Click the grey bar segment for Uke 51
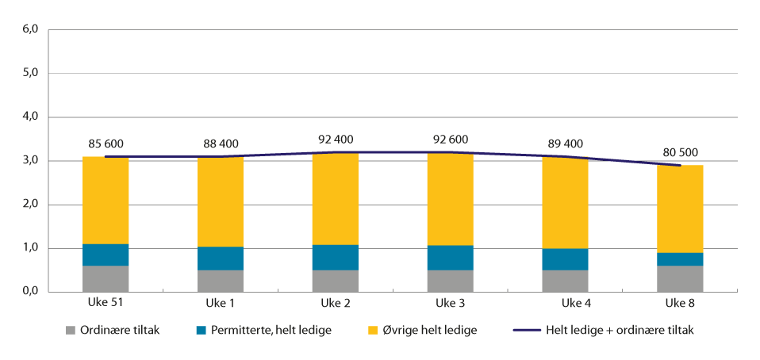tap(105, 278)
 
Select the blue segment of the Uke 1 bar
tap(221, 259)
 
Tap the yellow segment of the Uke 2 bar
tap(336, 198)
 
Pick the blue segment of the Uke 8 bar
tap(680, 259)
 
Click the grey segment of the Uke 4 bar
tap(565, 281)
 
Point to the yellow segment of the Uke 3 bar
tap(451, 198)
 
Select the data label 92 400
tap(336, 139)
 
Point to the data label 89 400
tap(565, 144)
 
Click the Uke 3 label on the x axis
tap(451, 304)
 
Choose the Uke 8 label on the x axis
tap(680, 304)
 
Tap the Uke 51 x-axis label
tap(105, 304)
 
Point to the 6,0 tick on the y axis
tap(30, 30)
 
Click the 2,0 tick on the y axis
tap(30, 205)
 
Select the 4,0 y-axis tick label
tap(30, 117)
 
